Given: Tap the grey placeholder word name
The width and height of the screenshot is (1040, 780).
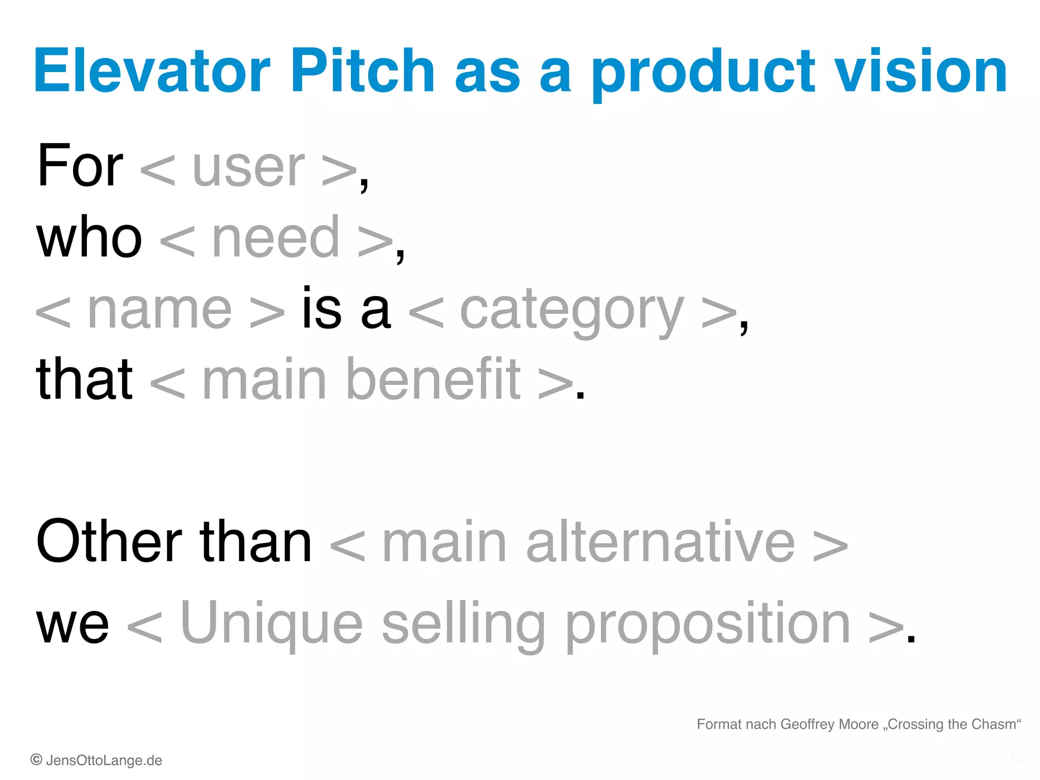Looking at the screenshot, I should (159, 310).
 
